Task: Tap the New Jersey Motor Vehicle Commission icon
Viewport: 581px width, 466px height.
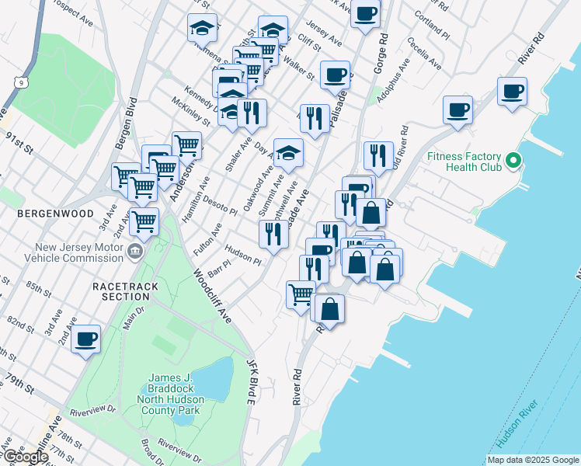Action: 134,252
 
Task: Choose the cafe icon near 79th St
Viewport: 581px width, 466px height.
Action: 86,339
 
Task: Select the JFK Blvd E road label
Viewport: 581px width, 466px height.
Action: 251,381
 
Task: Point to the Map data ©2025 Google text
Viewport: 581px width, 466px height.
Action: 531,459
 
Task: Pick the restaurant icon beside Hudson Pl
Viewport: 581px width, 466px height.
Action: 273,233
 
